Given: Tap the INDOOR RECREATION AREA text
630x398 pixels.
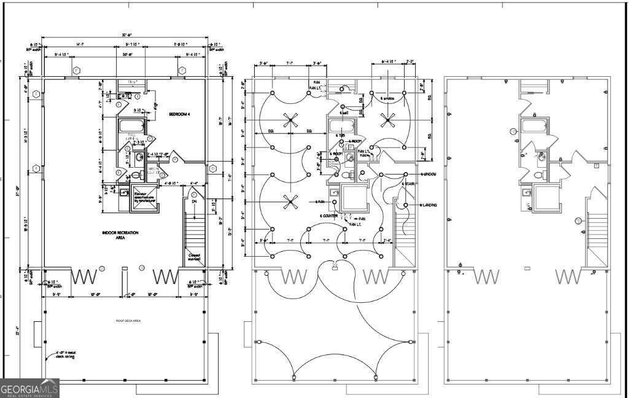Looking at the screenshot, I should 120,235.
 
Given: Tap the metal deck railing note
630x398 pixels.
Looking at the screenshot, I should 65,354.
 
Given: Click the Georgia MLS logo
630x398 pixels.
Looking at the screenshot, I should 29,388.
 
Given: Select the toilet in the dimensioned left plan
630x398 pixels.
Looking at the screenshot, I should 139,157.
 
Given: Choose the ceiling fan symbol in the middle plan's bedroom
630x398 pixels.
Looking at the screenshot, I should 387,119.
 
